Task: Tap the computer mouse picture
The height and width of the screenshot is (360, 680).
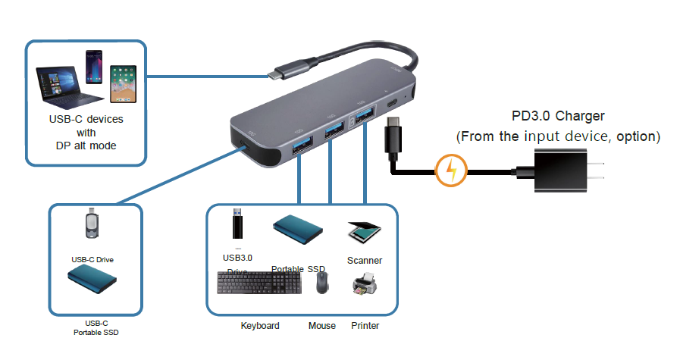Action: coord(321,283)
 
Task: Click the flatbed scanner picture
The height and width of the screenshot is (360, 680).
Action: coord(363,231)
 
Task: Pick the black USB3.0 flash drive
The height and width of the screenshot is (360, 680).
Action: coord(237,227)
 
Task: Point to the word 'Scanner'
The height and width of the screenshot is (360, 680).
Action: coord(365,261)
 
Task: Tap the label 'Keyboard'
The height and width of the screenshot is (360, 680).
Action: coord(260,326)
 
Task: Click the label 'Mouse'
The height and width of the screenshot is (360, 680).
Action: coord(321,326)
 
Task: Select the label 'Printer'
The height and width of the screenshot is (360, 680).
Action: coord(365,326)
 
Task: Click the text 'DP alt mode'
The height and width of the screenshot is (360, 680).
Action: coord(86,146)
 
